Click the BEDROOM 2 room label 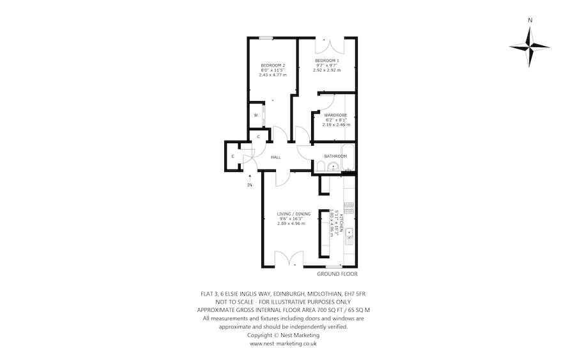click(x=273, y=65)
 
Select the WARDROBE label click(x=335, y=115)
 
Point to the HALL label click(x=276, y=157)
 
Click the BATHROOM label click(x=335, y=156)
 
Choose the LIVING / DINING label click(x=293, y=214)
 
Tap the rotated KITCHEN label click(x=341, y=223)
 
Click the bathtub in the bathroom click(x=348, y=157)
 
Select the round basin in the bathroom click(x=333, y=167)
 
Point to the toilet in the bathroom click(x=320, y=166)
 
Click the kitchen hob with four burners click(x=349, y=208)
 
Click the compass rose click(x=530, y=47)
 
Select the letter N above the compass click(x=530, y=20)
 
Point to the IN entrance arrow click(x=250, y=177)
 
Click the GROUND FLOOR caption click(x=337, y=274)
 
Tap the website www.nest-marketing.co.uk click(x=283, y=344)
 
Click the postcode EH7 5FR click(x=355, y=293)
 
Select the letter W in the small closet click(x=256, y=115)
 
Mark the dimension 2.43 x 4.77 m click(x=273, y=75)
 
